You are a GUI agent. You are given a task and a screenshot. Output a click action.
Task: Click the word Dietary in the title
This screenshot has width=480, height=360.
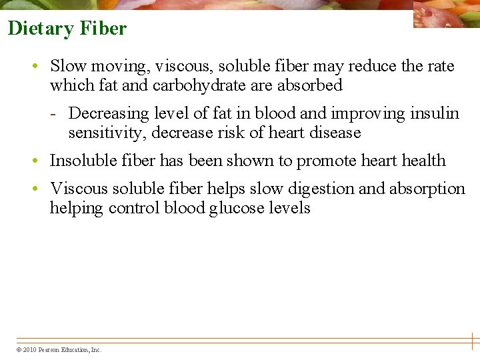41,29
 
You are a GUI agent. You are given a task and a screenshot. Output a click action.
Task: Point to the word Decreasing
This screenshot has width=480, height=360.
107,113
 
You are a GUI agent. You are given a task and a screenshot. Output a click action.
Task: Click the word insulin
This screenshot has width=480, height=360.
436,113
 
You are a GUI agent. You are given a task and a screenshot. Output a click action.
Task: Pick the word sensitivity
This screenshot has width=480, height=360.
107,133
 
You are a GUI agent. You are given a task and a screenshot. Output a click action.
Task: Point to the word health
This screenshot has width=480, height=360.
423,161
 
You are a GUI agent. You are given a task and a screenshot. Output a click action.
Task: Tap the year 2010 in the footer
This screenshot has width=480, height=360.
29,350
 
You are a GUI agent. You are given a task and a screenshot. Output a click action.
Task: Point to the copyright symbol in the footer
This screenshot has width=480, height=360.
18,350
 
